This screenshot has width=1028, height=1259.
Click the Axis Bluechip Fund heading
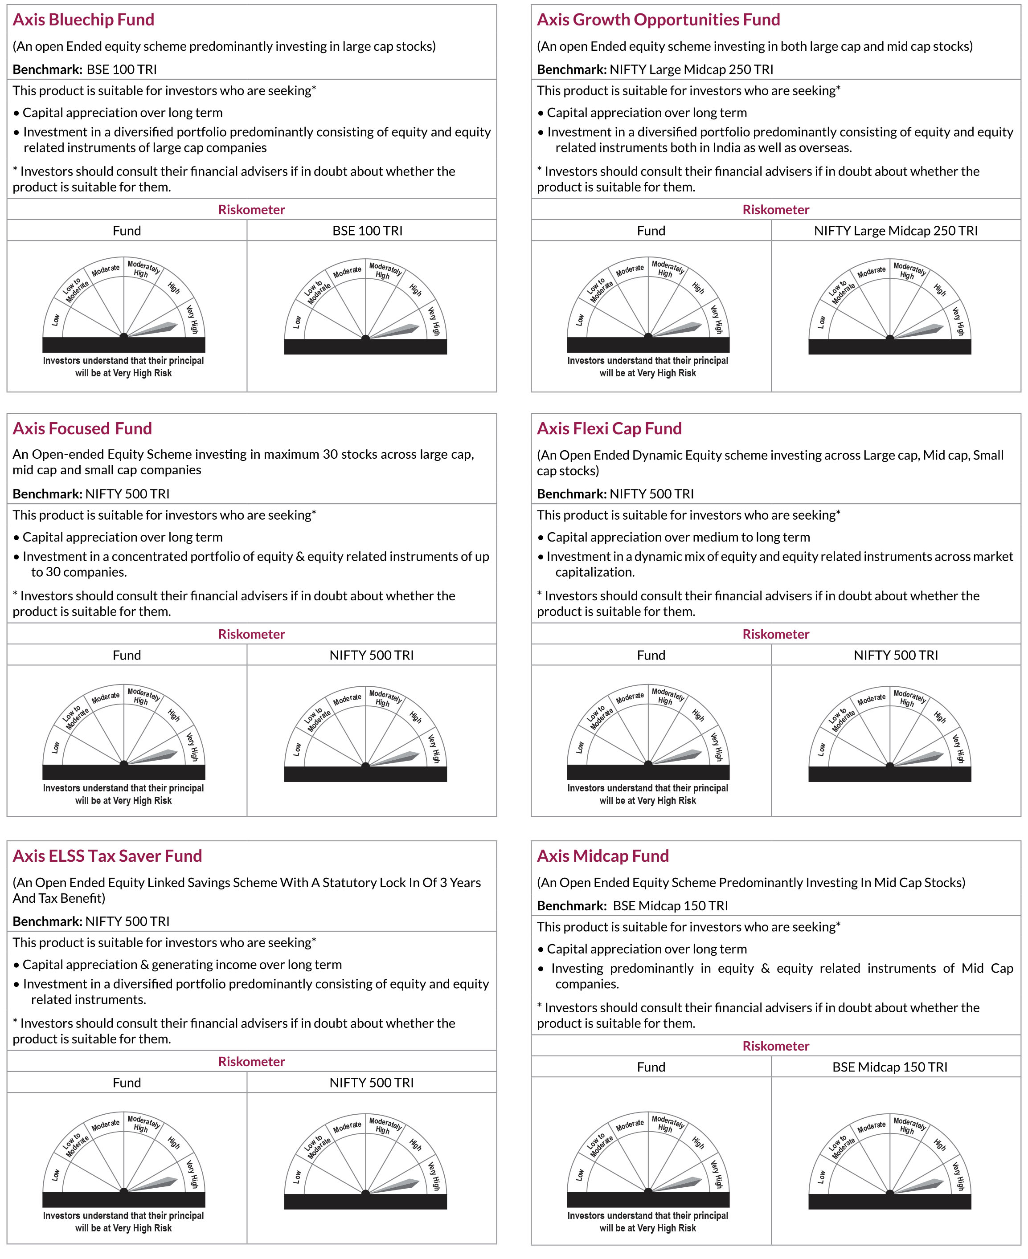[83, 20]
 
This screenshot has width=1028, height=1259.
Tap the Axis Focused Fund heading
[82, 428]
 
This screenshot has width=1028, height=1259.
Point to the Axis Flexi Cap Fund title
[609, 428]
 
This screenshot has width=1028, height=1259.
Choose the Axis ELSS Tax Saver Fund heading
[107, 856]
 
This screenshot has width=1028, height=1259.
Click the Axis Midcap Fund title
[602, 856]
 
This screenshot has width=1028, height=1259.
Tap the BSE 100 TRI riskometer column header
[367, 231]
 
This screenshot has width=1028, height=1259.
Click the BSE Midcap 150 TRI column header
[889, 1067]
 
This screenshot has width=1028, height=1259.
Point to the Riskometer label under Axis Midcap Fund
[775, 1046]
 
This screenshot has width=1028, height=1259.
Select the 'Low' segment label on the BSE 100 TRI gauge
[297, 322]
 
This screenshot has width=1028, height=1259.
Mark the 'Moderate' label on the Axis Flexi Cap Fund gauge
[630, 697]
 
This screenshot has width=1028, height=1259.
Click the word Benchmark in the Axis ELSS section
[47, 921]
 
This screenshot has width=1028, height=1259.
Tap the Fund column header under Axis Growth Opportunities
[651, 231]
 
